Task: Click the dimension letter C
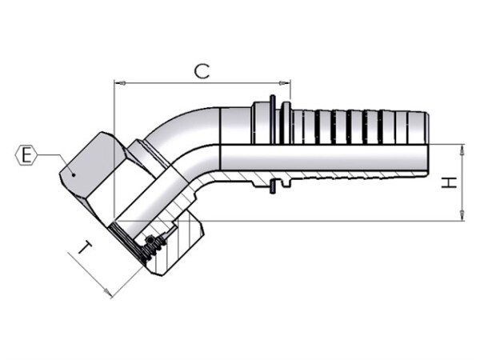(x=202, y=71)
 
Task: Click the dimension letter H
(x=449, y=182)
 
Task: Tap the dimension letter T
(x=86, y=247)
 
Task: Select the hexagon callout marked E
(x=26, y=155)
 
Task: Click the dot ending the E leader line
(x=74, y=174)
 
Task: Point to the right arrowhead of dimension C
(x=284, y=83)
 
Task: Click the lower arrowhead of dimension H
(x=462, y=215)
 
